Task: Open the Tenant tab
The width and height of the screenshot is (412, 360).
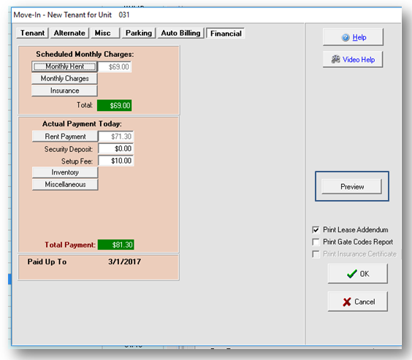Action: (x=33, y=33)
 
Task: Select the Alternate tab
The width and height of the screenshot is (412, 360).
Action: (x=69, y=33)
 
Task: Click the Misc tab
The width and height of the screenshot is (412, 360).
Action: (x=105, y=33)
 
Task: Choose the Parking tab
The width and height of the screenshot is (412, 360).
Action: (x=139, y=33)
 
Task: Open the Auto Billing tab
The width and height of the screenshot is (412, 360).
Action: (x=180, y=33)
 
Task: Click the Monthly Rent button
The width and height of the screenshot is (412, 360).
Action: (x=64, y=66)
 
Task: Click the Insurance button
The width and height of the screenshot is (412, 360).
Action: (x=64, y=91)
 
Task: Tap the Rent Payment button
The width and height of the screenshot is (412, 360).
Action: (x=65, y=137)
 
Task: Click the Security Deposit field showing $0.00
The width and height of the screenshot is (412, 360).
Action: (x=116, y=149)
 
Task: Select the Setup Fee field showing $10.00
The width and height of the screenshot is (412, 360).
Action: (x=116, y=161)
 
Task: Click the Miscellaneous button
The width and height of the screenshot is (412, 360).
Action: (x=65, y=184)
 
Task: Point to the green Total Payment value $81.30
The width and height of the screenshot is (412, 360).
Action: (x=116, y=245)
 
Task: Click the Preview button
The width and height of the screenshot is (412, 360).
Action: (x=352, y=187)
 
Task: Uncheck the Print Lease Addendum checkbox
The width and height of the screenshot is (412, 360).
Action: (x=316, y=230)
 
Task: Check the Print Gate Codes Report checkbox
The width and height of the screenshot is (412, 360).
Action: (x=316, y=242)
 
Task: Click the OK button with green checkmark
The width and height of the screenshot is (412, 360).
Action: (x=358, y=274)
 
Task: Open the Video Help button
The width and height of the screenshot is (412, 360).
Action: (x=353, y=60)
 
